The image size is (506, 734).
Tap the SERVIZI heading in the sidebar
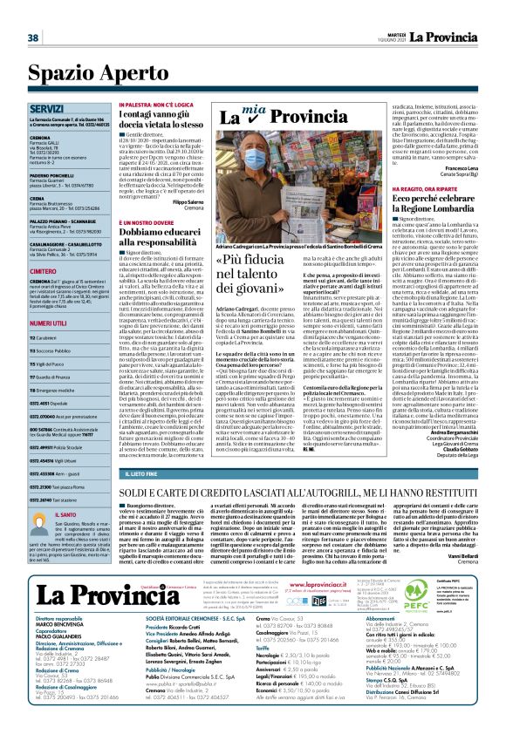point(45,109)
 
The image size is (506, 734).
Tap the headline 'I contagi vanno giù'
point(160,126)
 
